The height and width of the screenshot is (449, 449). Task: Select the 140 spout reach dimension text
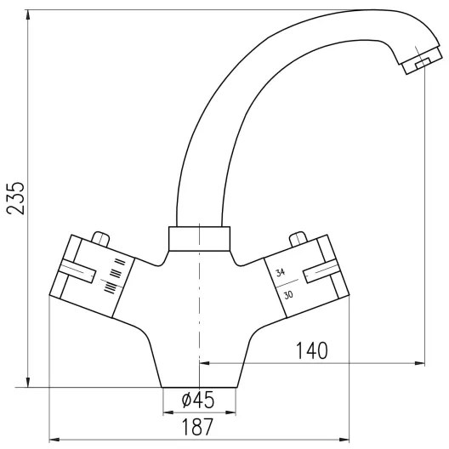(x=312, y=350)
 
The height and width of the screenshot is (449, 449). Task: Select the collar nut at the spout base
(x=199, y=239)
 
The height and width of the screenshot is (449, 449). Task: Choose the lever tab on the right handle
(x=322, y=271)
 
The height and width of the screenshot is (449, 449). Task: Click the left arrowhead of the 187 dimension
(x=53, y=439)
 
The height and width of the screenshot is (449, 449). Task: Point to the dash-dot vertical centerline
(x=199, y=323)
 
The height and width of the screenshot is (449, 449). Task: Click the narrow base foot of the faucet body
(x=199, y=374)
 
